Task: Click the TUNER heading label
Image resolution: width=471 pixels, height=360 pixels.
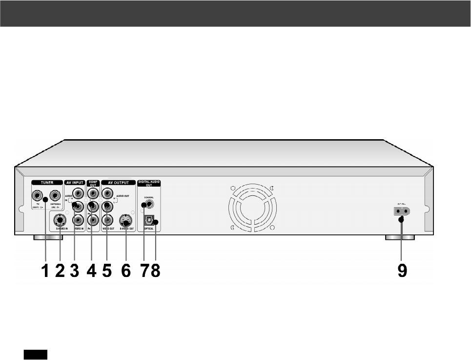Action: click(47, 183)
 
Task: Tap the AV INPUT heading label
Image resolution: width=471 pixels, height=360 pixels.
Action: click(75, 183)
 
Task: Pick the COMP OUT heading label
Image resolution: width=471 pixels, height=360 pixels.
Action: click(93, 184)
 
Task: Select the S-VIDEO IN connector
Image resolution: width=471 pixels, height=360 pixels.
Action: click(59, 220)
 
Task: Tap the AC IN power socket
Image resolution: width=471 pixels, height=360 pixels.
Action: click(402, 212)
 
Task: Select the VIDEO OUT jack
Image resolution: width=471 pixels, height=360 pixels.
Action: click(107, 220)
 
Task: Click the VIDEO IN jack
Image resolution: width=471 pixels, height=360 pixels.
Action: click(77, 220)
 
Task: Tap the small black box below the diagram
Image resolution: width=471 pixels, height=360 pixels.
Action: click(34, 354)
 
